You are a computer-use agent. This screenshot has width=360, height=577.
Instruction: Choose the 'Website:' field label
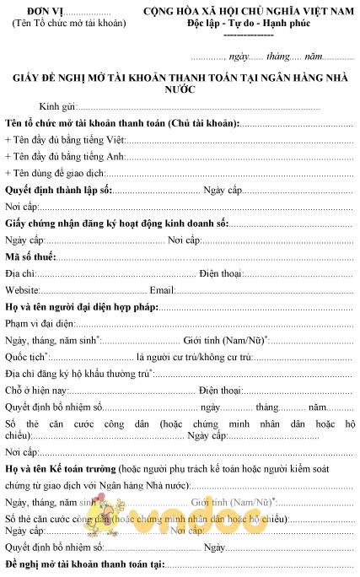(x=23, y=289)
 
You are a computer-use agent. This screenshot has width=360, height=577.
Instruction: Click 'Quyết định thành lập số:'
(x=58, y=188)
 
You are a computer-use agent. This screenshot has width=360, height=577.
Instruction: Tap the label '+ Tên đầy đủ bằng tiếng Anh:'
(x=65, y=156)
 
